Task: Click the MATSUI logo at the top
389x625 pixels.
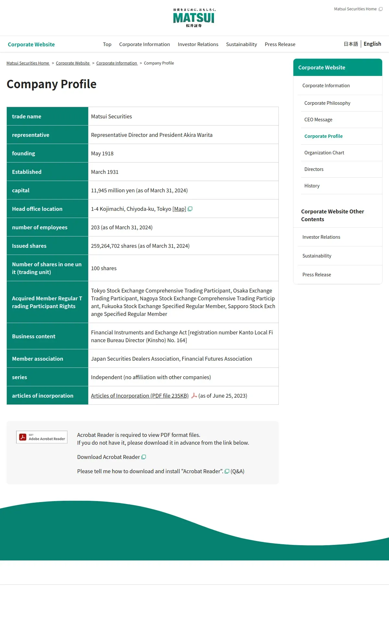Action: [x=194, y=18]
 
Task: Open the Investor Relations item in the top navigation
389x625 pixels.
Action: [x=198, y=44]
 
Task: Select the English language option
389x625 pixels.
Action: [x=372, y=44]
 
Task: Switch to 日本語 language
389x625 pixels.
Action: [x=351, y=44]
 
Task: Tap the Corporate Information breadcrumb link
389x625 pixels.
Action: [x=117, y=63]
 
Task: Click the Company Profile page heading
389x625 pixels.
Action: [x=52, y=84]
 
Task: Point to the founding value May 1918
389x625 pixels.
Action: [x=102, y=153]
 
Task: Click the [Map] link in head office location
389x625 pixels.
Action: [x=179, y=209]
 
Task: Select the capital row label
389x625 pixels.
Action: [x=21, y=190]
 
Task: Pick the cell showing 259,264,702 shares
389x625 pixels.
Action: [x=140, y=246]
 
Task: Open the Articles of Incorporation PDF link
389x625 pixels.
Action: [x=140, y=396]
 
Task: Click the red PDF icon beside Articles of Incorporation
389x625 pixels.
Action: [x=194, y=396]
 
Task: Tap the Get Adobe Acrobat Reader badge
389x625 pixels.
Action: [x=42, y=437]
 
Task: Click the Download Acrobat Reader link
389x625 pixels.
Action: [x=109, y=457]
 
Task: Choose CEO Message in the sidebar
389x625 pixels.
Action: [x=318, y=120]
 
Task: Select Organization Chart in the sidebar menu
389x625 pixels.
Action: [x=324, y=153]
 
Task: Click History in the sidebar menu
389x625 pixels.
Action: [x=312, y=186]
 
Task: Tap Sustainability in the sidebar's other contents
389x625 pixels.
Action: [x=317, y=256]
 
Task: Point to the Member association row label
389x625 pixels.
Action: [x=38, y=359]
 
